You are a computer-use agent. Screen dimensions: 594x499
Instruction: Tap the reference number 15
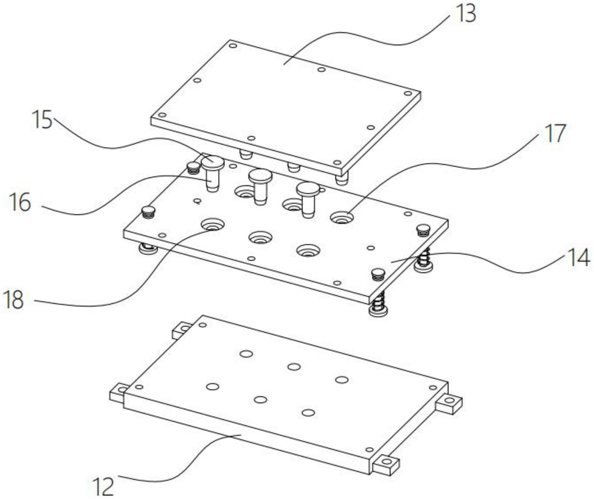(42, 120)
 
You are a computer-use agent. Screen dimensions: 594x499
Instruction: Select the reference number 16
(20, 202)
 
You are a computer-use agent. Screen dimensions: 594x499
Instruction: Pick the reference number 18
(13, 300)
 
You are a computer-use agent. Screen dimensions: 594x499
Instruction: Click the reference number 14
(579, 258)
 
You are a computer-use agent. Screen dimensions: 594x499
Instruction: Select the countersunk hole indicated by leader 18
(213, 225)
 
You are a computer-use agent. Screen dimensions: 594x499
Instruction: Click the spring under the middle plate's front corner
(378, 301)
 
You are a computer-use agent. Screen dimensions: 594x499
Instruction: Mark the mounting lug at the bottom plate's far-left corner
(182, 330)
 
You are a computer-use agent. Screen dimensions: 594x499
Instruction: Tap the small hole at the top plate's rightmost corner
(408, 93)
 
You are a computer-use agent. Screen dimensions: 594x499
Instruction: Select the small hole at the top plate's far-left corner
(233, 45)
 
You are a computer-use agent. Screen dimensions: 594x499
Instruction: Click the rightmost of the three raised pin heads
(308, 189)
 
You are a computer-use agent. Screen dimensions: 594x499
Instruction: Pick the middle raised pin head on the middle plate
(260, 176)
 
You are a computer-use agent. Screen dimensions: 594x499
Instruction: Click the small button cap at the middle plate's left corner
(148, 212)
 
